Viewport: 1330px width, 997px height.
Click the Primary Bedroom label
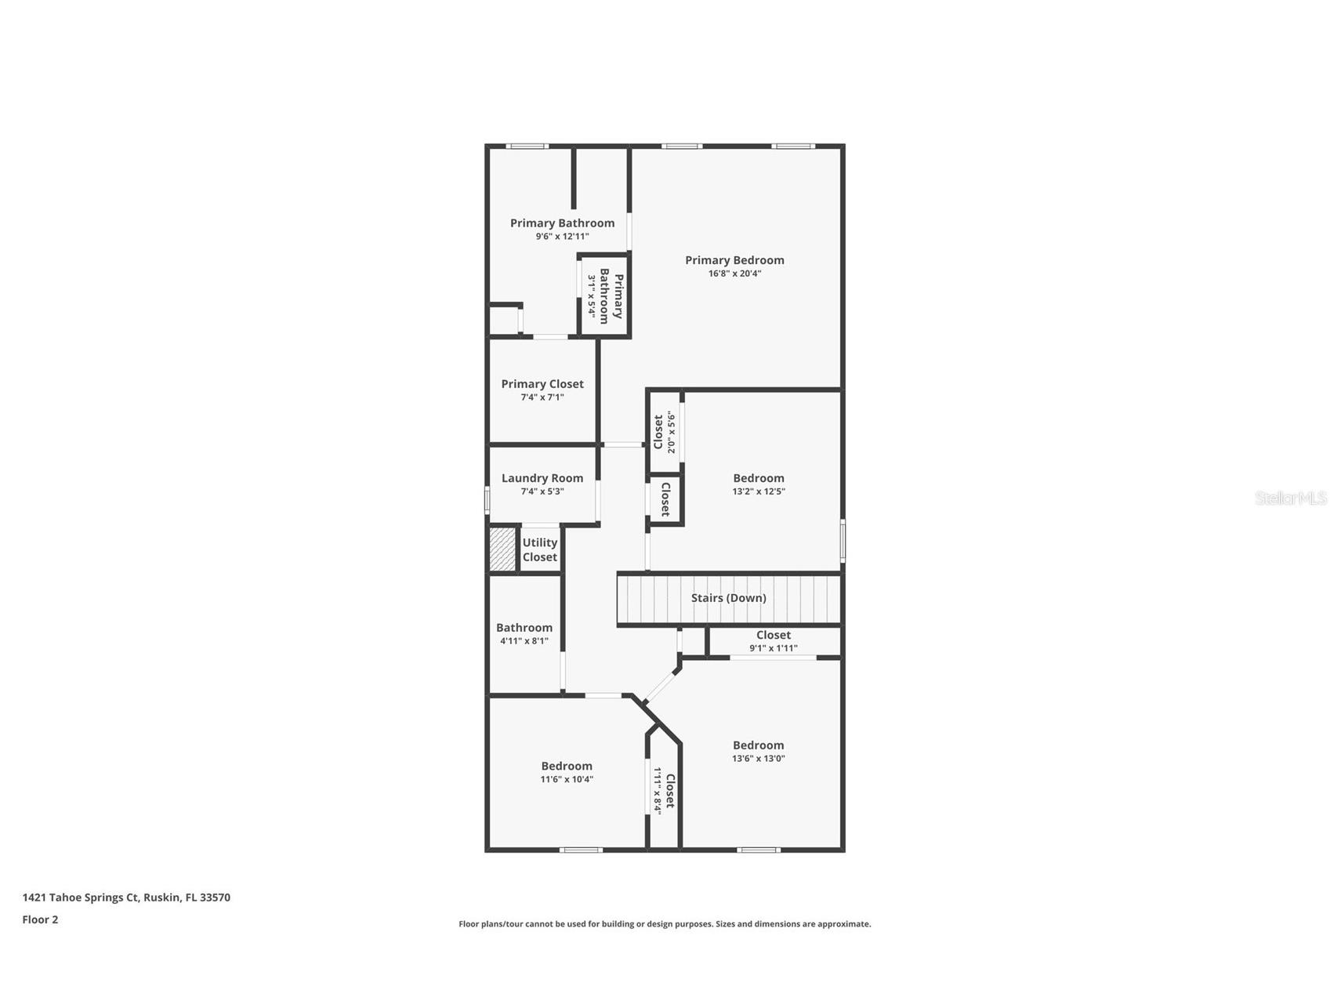(734, 260)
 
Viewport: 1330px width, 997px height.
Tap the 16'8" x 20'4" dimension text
(734, 274)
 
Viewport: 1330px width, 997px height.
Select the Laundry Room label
(542, 478)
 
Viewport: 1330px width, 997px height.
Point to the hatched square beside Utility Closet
(502, 549)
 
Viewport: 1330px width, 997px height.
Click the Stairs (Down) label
(728, 598)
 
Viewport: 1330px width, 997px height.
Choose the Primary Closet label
(542, 384)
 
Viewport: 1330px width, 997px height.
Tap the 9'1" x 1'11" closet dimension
(773, 648)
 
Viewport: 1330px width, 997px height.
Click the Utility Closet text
(539, 549)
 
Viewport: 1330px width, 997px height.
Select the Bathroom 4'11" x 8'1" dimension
(524, 641)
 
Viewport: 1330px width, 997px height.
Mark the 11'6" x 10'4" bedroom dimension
(566, 780)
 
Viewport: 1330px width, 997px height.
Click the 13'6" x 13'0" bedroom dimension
(758, 759)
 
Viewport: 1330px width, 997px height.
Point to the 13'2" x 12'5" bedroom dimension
(758, 491)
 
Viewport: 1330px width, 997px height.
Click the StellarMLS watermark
(1290, 498)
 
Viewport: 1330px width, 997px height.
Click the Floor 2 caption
(40, 919)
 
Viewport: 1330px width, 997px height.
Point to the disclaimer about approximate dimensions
(664, 924)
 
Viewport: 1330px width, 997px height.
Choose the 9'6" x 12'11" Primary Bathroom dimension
(562, 237)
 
